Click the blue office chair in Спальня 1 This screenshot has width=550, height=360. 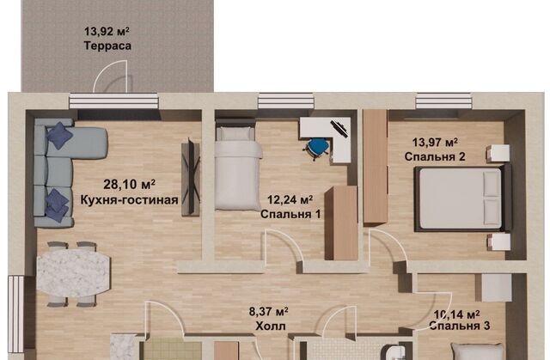(316, 147)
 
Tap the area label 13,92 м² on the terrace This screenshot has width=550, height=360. (107, 32)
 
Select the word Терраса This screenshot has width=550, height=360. (107, 46)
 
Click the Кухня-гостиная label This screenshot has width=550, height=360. (130, 200)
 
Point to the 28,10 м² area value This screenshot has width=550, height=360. (130, 185)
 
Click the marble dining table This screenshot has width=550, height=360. (73, 273)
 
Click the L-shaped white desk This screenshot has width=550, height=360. (330, 137)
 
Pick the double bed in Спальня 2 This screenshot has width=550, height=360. (462, 198)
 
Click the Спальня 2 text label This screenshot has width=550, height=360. (435, 156)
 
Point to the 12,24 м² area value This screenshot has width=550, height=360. (290, 200)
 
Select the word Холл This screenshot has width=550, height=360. (271, 326)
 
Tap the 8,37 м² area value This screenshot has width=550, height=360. (269, 311)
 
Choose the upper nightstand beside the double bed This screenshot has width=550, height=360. (498, 153)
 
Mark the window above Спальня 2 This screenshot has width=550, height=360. (443, 101)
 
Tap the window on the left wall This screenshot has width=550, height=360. (15, 314)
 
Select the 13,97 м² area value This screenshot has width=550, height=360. (435, 143)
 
